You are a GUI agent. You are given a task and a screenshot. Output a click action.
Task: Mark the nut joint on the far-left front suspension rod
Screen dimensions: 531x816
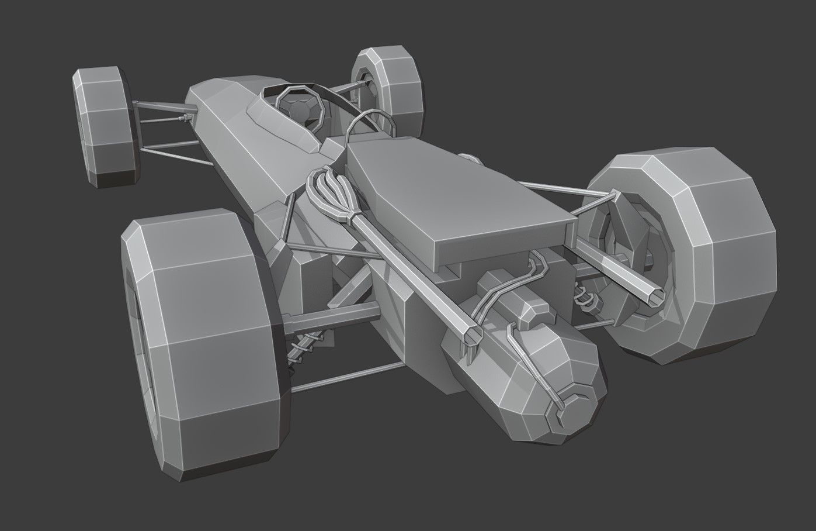coord(185,119)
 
